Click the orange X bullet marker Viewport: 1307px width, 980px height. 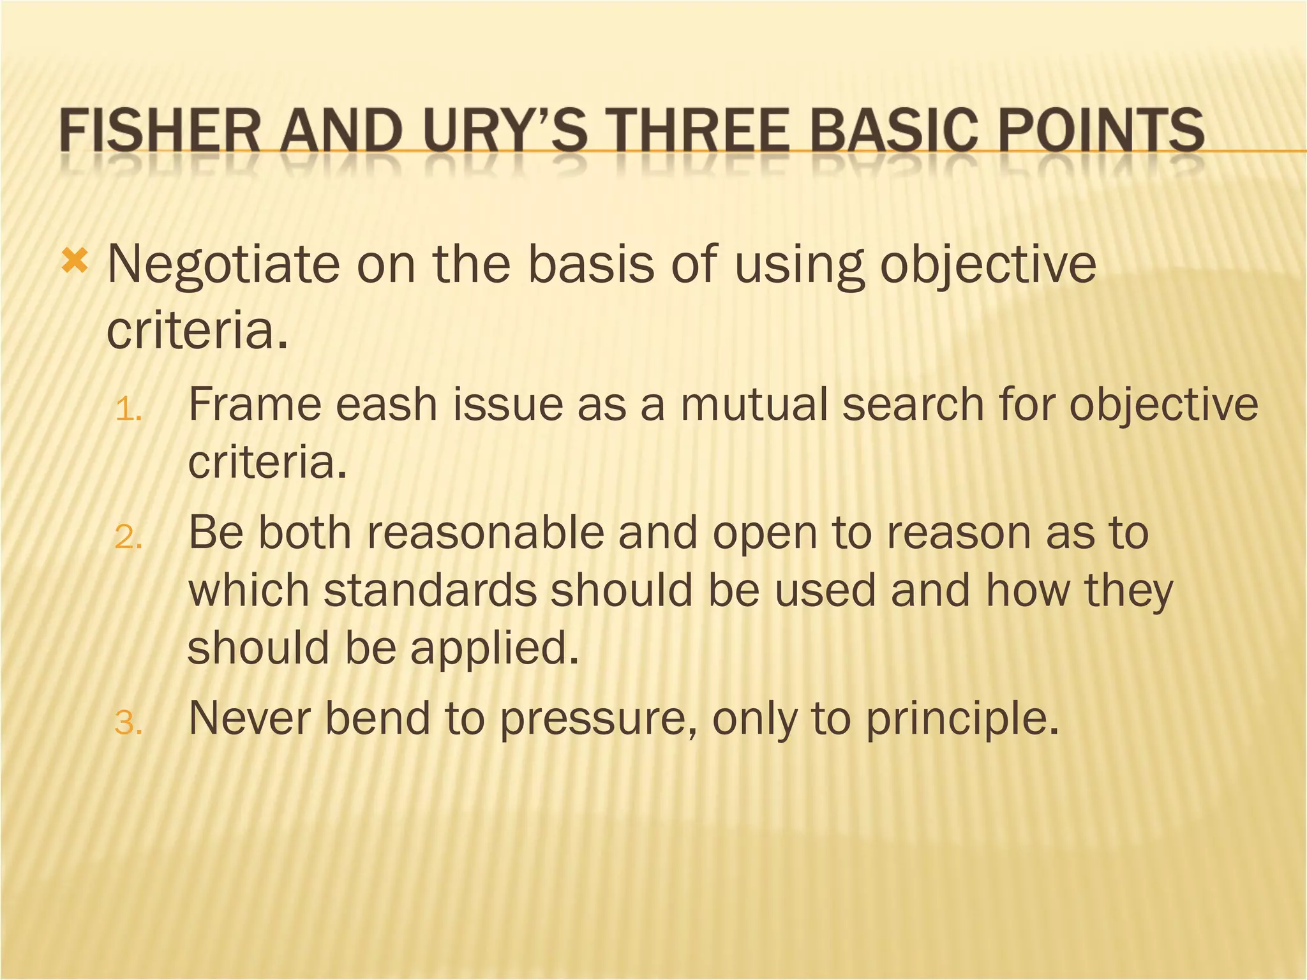click(75, 262)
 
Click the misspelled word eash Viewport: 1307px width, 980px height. click(386, 405)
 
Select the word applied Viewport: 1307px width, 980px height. click(495, 649)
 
